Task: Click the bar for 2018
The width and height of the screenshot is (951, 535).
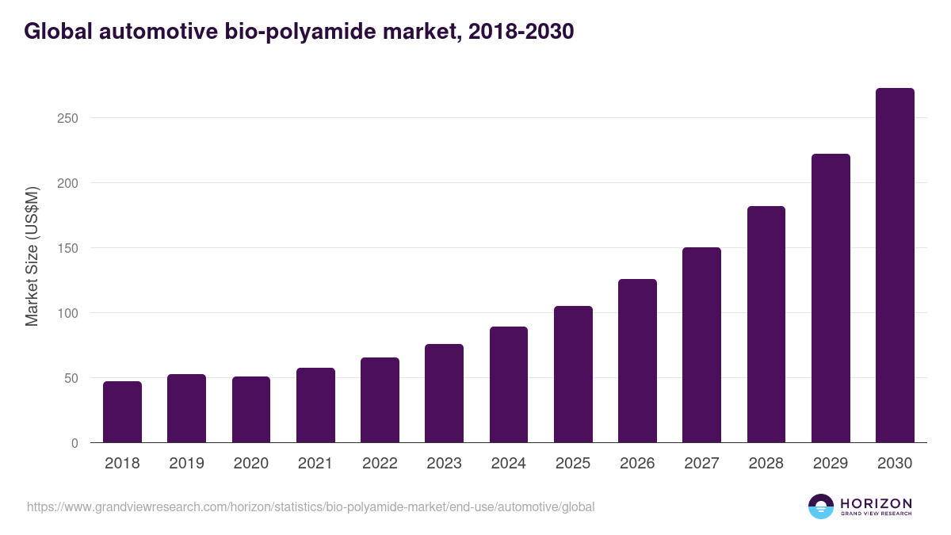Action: click(122, 412)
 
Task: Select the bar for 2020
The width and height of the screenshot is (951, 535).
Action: click(251, 410)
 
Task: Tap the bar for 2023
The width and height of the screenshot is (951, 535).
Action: click(444, 393)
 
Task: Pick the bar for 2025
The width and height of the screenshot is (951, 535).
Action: click(573, 374)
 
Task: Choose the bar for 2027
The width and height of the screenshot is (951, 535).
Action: click(701, 345)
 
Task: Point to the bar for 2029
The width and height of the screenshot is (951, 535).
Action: click(831, 298)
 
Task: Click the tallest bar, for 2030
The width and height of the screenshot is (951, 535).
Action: click(895, 266)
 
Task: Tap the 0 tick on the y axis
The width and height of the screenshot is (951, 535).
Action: click(74, 443)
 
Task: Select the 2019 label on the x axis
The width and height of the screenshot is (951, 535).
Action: click(187, 464)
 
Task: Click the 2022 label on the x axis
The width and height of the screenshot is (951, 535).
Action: click(380, 464)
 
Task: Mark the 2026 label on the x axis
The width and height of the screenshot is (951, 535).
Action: click(637, 464)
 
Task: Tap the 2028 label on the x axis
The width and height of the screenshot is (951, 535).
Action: click(766, 464)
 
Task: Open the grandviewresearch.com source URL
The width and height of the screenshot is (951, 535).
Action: click(311, 506)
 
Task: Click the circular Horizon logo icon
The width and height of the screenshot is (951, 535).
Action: click(820, 506)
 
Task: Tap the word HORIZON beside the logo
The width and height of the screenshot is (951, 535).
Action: click(876, 503)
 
